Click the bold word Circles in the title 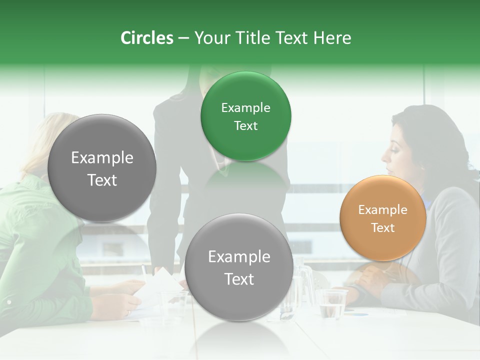[x=146, y=38]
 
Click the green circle [x=245, y=116]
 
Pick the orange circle [x=382, y=218]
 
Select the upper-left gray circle [x=102, y=168]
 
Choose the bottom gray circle [x=239, y=267]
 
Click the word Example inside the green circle [x=245, y=107]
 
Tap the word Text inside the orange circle [x=383, y=228]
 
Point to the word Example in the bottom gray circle [x=239, y=257]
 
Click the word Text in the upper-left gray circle [x=102, y=180]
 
